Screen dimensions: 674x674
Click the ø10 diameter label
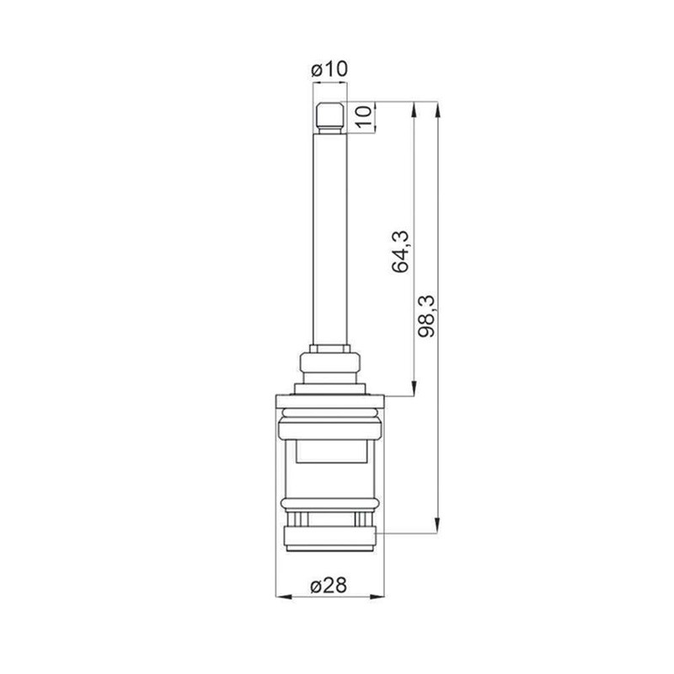[x=329, y=69]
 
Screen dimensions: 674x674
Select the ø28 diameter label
[x=329, y=585]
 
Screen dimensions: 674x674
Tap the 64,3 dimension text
[x=400, y=251]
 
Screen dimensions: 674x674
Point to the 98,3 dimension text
[x=427, y=317]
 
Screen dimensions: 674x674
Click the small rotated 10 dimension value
[x=364, y=115]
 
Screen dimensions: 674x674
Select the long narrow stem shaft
[x=329, y=240]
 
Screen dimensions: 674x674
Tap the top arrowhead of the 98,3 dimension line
[x=437, y=109]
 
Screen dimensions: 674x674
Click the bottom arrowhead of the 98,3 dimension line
[x=437, y=526]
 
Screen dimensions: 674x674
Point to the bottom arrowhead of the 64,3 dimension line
[x=414, y=388]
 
